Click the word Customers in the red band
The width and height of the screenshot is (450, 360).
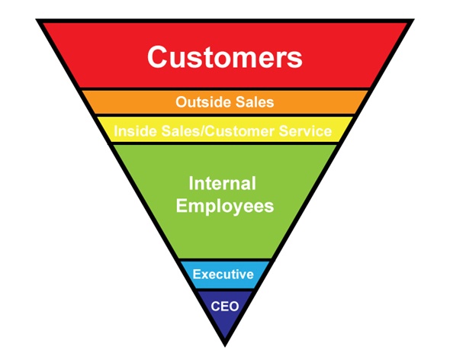[x=225, y=57]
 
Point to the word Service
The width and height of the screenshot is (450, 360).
[x=305, y=131]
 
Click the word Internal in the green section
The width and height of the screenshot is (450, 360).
[x=223, y=184]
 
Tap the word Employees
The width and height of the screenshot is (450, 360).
[x=225, y=207]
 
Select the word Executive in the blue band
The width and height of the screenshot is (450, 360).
[x=223, y=274]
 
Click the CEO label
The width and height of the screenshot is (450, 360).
[x=225, y=307]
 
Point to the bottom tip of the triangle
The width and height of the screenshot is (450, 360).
[x=225, y=346]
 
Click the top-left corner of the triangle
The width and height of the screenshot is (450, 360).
[x=36, y=19]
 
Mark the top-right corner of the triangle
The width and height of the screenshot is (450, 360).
[x=414, y=19]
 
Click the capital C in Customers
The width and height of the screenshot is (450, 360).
[x=158, y=57]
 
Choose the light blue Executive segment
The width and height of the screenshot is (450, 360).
[x=225, y=275]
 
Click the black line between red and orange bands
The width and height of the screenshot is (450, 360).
[x=225, y=89]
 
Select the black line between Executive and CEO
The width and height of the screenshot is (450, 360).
[x=225, y=290]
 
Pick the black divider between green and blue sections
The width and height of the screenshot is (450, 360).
[x=225, y=260]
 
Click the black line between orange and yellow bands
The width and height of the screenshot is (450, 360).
[x=225, y=115]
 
